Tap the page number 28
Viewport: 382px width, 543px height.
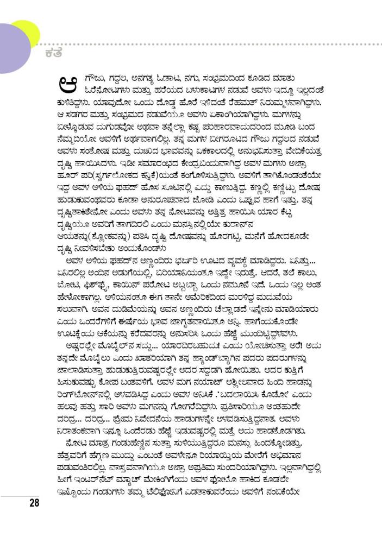click(34, 502)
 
